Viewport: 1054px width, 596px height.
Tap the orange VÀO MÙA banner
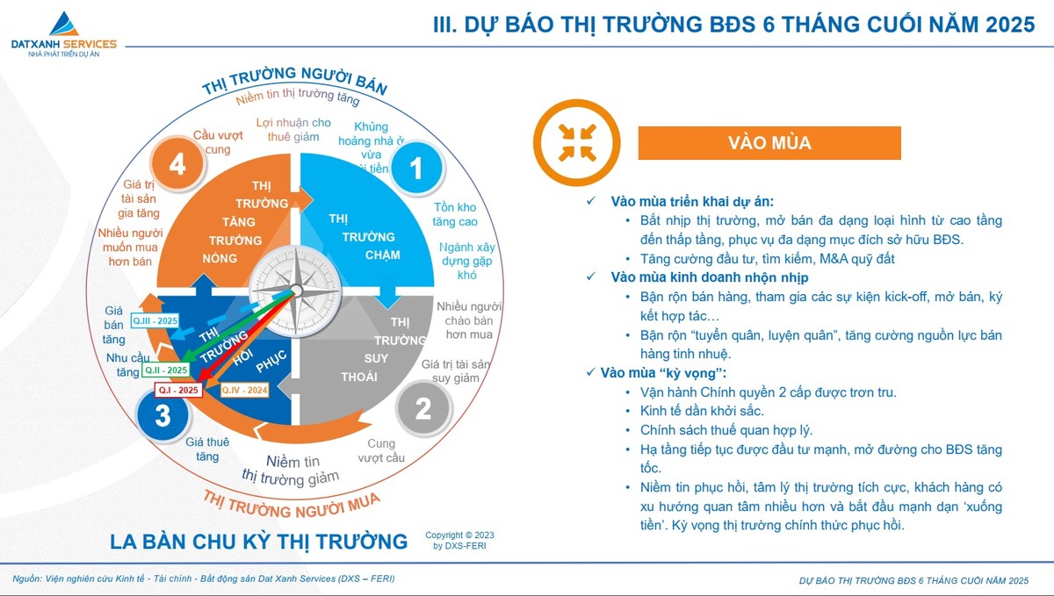[x=769, y=143]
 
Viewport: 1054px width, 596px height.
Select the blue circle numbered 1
[x=417, y=168]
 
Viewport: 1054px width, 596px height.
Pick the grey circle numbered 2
[x=422, y=409]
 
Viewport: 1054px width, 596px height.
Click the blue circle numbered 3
[x=162, y=415]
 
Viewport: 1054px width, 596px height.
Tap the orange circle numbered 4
[x=178, y=164]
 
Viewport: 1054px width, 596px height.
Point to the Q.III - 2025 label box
[x=155, y=321]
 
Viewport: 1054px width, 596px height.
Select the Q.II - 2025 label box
[x=166, y=371]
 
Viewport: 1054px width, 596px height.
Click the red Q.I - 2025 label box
[x=178, y=389]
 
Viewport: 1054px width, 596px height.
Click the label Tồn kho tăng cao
[x=455, y=214]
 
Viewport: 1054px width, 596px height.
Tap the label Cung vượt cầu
[x=381, y=450]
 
